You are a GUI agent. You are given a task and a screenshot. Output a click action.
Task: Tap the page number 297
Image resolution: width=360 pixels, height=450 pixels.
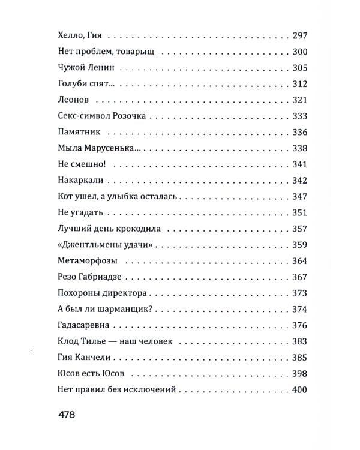(298, 35)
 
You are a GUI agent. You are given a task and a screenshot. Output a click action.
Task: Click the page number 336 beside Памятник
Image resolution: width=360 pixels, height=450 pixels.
(298, 132)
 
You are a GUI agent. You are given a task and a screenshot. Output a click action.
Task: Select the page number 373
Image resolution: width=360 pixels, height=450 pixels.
(298, 293)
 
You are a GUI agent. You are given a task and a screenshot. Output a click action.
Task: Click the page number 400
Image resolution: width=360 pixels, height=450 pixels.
(298, 390)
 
